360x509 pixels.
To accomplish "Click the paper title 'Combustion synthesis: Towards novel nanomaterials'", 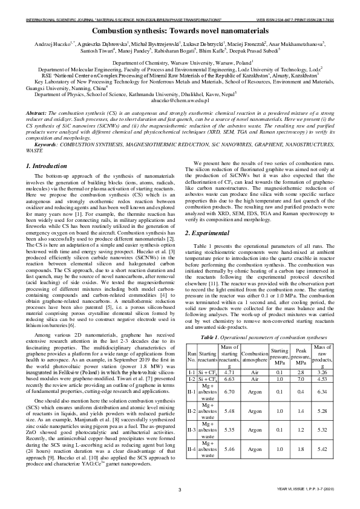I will pos(180,30).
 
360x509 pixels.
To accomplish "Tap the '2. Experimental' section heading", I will pos(212,232).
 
